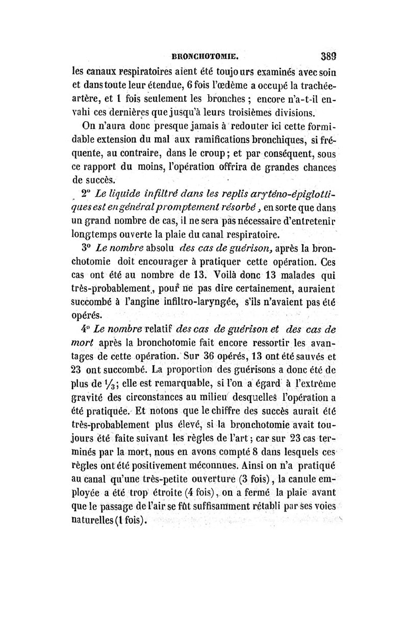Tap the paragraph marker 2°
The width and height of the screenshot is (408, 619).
(x=85, y=194)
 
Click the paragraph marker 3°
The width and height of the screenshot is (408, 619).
(x=86, y=249)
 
